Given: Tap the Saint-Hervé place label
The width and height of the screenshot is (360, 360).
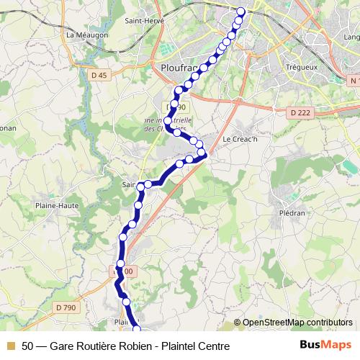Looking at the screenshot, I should pos(145,21).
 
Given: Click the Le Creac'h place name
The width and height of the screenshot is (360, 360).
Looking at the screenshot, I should pos(240,138).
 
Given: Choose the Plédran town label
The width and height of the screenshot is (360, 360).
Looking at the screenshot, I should pos(293,214).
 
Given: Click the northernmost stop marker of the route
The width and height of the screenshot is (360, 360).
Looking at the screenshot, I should pos(241,11).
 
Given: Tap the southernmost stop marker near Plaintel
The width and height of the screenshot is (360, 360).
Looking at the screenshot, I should pos(138,330).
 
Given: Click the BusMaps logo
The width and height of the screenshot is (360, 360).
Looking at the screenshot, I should pos(325,346).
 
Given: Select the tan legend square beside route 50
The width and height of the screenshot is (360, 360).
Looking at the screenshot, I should pos(10,346).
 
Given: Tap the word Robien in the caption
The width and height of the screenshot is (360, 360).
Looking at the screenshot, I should pos(130,346).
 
